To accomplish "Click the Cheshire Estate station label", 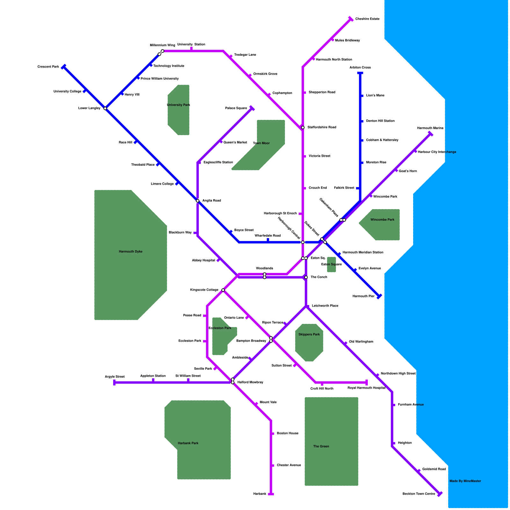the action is tap(367, 19).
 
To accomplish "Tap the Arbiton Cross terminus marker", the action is tap(360, 73).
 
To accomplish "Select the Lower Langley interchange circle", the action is tap(105, 108).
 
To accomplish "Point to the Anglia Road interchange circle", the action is tap(198, 201).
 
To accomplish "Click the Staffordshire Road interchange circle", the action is tap(303, 127).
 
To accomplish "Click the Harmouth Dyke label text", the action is tap(131, 251).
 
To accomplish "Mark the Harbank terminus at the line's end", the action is tap(271, 494).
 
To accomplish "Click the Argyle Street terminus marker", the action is tap(114, 382).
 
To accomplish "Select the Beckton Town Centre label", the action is tap(419, 494).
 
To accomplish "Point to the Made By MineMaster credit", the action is tap(465, 481).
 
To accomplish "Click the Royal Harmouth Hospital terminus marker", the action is tap(367, 382).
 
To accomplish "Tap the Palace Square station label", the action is tap(236, 108).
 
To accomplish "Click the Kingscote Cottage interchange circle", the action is tap(223, 290).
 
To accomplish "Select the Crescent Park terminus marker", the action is tap(64, 67).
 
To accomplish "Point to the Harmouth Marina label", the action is tap(430, 128).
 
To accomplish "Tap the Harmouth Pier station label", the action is tap(363, 296).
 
